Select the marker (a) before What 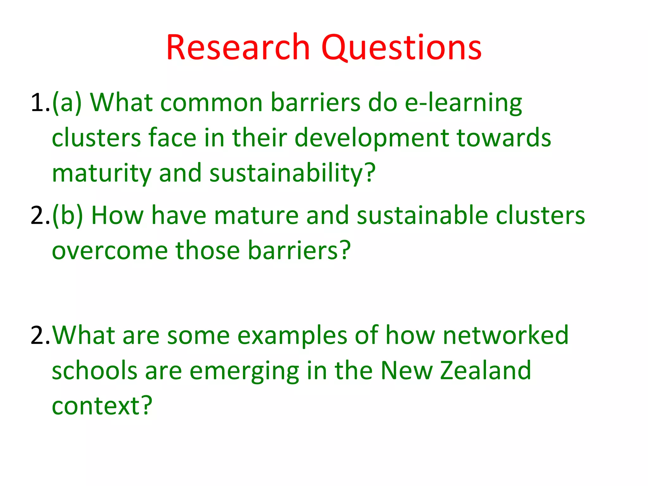[67, 103]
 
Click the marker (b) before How [67, 215]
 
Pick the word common [211, 103]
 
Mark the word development [371, 139]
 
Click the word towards [504, 138]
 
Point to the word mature [256, 215]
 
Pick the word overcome [109, 251]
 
